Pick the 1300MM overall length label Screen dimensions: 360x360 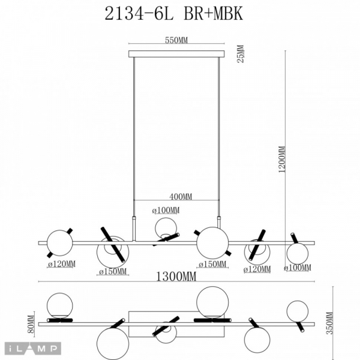176,277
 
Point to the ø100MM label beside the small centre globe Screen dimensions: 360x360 166,210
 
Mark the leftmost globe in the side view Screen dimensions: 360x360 59,241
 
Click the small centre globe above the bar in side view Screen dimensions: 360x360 165,228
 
